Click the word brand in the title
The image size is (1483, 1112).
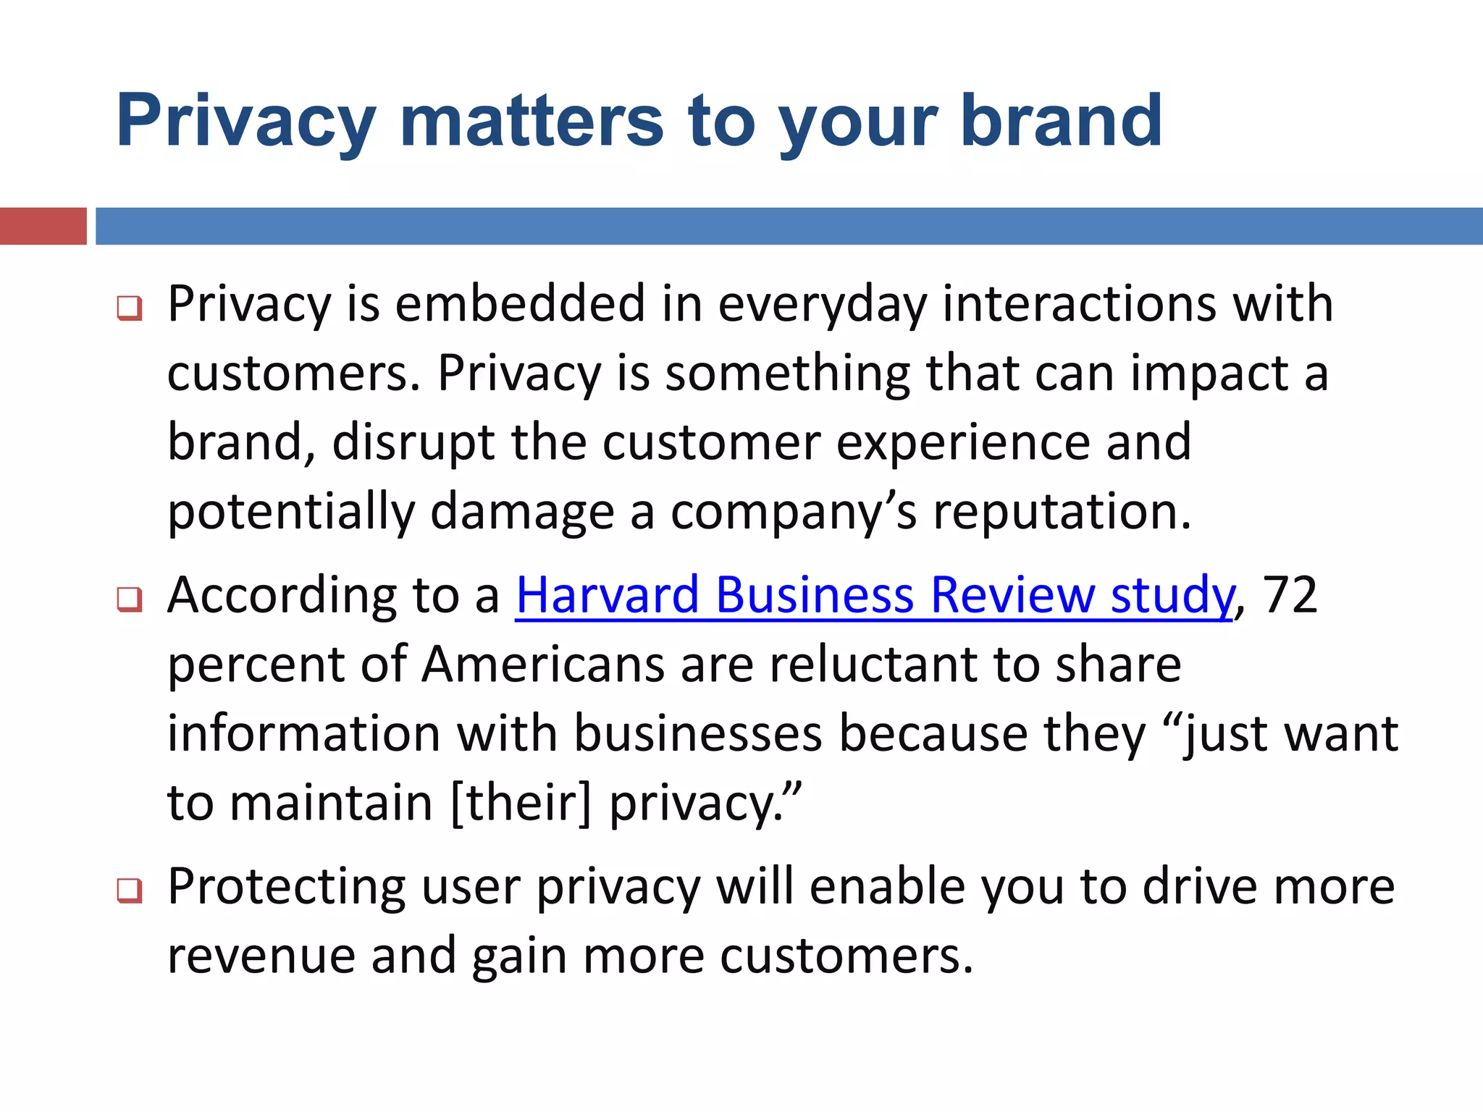pos(1061,121)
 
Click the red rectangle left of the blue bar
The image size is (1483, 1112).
pos(43,226)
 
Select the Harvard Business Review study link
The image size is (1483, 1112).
pos(874,595)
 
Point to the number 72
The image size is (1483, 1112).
pos(1289,595)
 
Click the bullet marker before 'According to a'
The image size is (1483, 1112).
pos(130,599)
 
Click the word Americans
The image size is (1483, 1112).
pos(542,665)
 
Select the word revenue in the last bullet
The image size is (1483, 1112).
pos(261,956)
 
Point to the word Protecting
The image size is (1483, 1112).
pos(287,888)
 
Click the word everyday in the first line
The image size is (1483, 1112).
pos(822,305)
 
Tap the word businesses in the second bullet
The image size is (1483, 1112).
pos(699,733)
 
